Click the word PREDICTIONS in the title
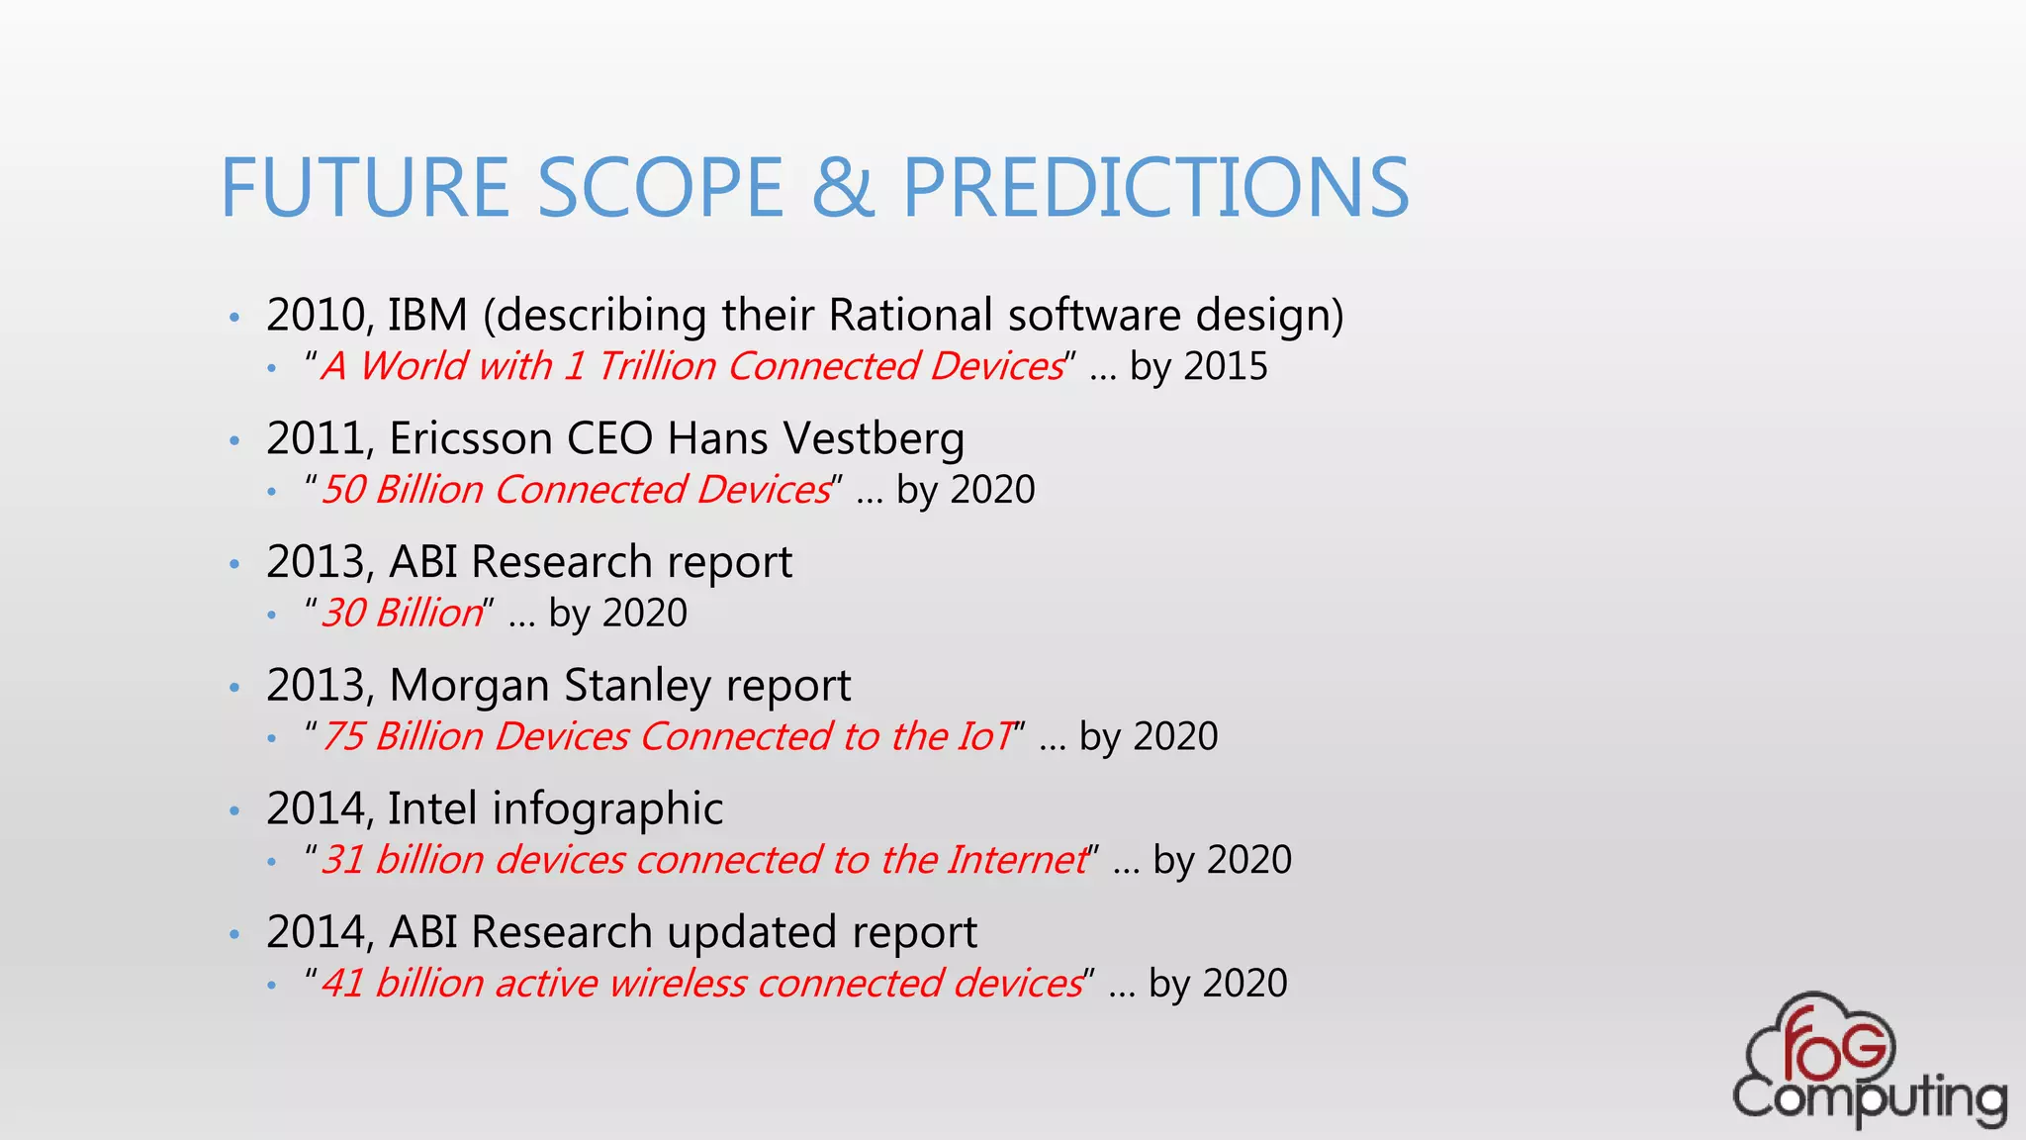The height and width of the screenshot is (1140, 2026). pos(1155,188)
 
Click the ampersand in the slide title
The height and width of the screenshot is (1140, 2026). pos(843,188)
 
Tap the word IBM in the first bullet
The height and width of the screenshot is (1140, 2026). pos(427,316)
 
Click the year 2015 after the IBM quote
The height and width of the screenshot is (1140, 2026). pos(1226,367)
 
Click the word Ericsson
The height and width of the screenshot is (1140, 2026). pos(471,439)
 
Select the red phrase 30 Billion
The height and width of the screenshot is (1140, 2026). pos(402,614)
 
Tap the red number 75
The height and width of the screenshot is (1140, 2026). pos(344,737)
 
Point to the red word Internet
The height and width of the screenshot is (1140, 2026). pos(1016,860)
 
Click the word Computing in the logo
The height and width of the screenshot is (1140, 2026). pos(1869,1098)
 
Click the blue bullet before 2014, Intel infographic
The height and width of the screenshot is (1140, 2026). pos(234,810)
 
